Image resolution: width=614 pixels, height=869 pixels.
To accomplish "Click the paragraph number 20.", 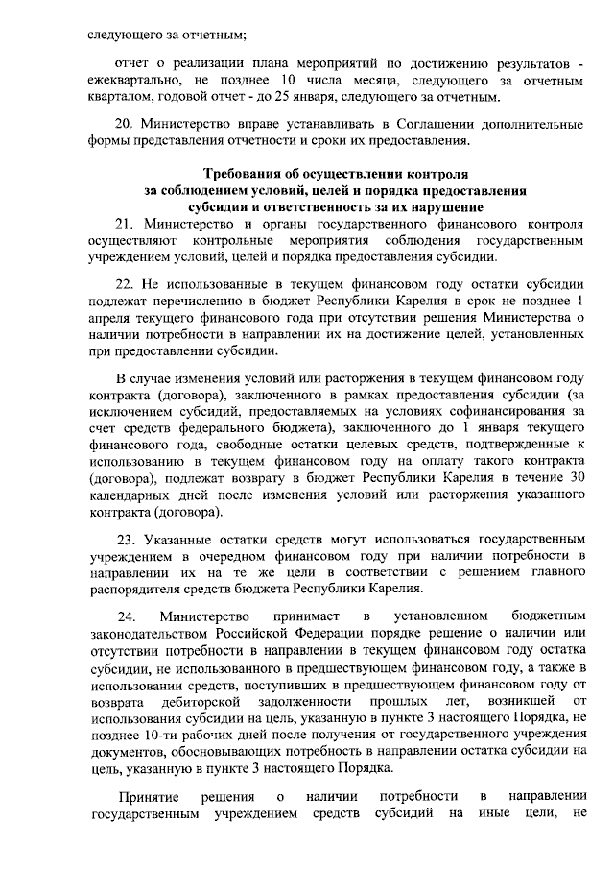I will coord(122,126).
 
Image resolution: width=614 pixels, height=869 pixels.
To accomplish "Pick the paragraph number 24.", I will coord(123,615).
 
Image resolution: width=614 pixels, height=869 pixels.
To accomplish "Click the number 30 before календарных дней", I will coord(577,477).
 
